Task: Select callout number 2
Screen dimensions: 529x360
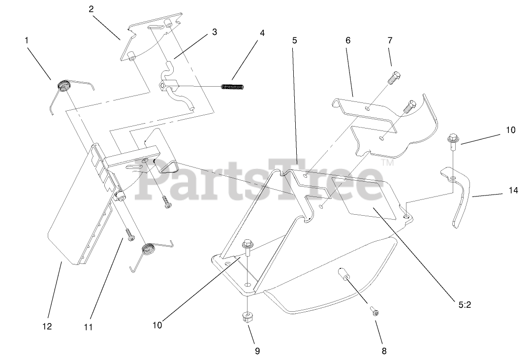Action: point(91,9)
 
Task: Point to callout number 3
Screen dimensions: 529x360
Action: point(215,32)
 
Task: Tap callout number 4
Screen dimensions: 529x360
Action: point(262,33)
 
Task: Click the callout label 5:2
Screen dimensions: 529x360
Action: point(465,305)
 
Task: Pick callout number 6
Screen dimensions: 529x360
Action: point(348,40)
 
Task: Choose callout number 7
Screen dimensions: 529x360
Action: point(390,40)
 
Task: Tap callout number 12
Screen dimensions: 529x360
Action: point(48,326)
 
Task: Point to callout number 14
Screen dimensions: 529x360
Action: point(513,191)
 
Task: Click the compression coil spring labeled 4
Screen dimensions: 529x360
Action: point(232,87)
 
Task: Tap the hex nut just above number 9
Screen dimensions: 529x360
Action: point(248,316)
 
